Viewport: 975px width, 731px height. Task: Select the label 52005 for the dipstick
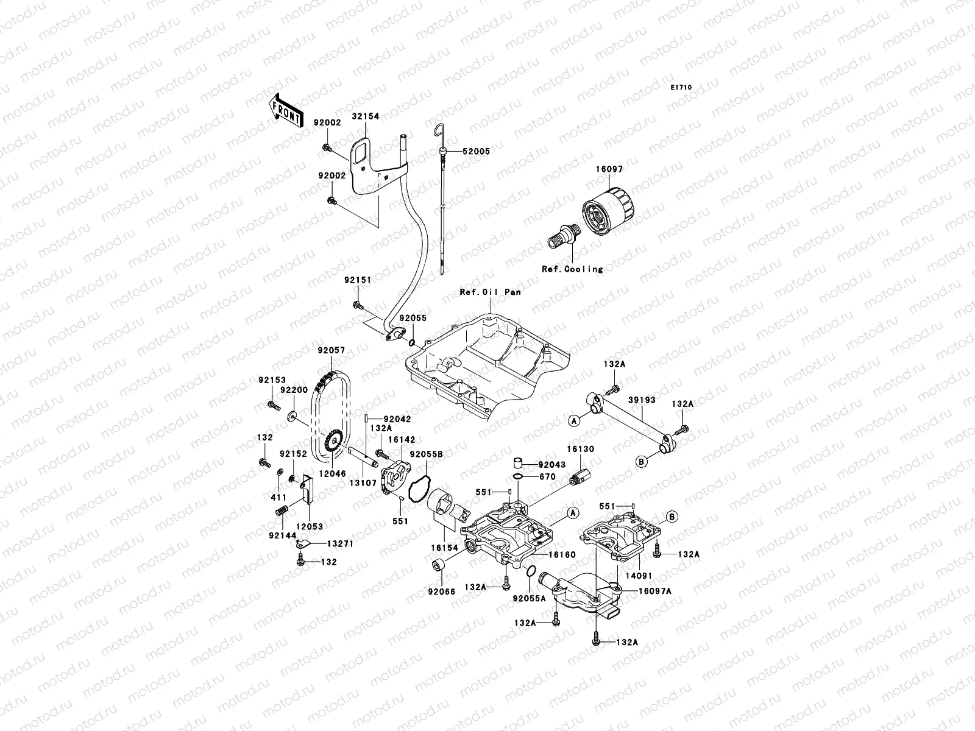click(476, 151)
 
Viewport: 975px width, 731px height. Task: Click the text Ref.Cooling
click(572, 269)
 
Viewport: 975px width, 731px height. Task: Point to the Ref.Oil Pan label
click(490, 292)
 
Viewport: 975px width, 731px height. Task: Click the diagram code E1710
click(681, 88)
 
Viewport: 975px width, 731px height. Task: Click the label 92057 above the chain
click(331, 350)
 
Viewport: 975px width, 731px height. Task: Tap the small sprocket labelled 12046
click(331, 438)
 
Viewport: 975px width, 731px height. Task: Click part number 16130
click(581, 449)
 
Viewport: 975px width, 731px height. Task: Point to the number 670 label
click(547, 477)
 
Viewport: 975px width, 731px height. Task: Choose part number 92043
click(552, 464)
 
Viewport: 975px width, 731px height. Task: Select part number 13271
click(340, 543)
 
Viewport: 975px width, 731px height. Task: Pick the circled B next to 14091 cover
click(672, 517)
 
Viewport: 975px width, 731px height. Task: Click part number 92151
click(358, 280)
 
